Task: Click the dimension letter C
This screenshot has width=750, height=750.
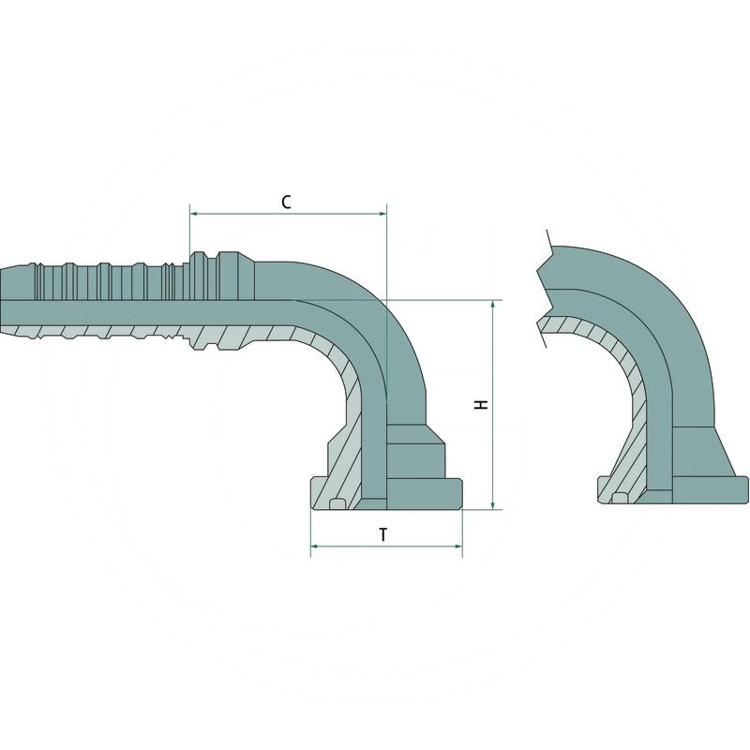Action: coord(287,202)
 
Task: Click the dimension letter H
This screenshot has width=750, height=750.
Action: coord(481,404)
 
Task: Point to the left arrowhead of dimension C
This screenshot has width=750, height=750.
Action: coord(193,214)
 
